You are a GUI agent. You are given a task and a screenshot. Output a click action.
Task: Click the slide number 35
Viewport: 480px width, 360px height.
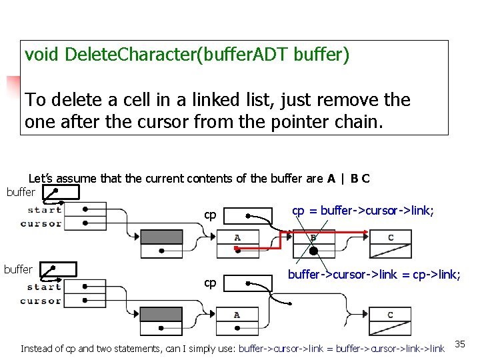[x=460, y=343]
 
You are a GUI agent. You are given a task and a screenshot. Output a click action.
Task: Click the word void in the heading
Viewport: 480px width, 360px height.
[x=43, y=55]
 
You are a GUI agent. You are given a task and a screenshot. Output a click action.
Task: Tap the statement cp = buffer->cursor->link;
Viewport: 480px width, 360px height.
[x=363, y=211]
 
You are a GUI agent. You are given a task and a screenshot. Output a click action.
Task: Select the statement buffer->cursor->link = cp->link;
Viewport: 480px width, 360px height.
[x=373, y=275]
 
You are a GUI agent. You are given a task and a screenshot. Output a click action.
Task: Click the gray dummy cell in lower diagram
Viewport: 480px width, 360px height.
[x=161, y=315]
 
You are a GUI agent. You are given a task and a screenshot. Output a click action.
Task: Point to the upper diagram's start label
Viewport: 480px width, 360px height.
[x=45, y=210]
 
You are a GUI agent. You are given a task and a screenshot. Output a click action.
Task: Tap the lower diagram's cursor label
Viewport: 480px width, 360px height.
[x=41, y=301]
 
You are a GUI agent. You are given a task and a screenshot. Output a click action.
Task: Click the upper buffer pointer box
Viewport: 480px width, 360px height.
[x=60, y=193]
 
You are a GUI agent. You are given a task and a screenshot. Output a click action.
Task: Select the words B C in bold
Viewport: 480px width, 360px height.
[x=360, y=178]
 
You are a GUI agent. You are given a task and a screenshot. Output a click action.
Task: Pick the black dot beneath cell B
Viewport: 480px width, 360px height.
[x=312, y=251]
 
